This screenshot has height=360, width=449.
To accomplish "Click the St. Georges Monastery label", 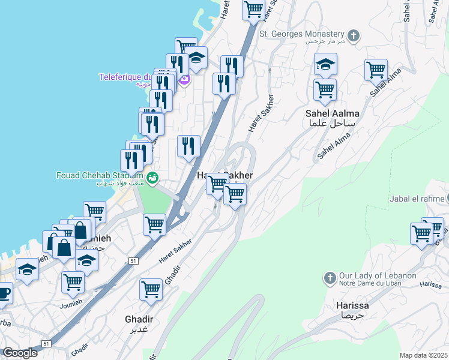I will (301, 34).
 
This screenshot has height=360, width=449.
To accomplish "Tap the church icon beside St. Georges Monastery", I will (354, 35).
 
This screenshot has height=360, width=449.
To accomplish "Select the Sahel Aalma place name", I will (332, 113).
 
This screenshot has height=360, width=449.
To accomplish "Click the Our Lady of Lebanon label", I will (378, 275).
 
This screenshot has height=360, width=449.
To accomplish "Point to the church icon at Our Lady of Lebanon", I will (329, 278).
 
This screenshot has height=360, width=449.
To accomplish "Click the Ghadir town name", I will (139, 319).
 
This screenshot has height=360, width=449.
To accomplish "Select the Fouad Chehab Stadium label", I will (100, 175).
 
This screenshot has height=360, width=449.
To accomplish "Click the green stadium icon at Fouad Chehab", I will (153, 178).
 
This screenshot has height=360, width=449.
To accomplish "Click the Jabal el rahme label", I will (416, 199).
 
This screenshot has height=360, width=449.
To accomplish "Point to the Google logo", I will (20, 353).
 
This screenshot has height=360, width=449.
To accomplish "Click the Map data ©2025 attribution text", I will (424, 355).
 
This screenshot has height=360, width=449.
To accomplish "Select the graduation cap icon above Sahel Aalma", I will (325, 64).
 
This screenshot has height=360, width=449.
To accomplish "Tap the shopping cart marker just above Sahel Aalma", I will (325, 90).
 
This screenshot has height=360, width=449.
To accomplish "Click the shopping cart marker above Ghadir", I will (151, 289).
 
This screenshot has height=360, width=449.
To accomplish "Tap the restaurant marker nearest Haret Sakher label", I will (188, 146).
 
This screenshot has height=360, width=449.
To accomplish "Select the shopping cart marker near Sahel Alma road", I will (376, 70).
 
